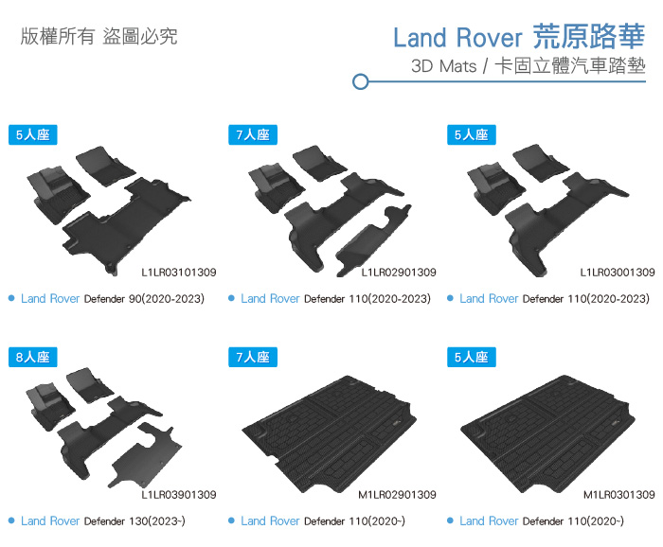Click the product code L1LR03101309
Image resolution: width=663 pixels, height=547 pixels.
point(179,273)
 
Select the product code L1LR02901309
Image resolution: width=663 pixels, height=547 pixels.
point(399,273)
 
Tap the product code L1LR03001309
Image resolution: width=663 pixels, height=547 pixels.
point(618,273)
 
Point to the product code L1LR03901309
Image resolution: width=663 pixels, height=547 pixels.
point(179,495)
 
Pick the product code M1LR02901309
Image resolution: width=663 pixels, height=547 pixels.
point(398,495)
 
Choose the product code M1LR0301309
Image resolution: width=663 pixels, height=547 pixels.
point(619,495)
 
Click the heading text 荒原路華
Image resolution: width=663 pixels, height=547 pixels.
point(589,37)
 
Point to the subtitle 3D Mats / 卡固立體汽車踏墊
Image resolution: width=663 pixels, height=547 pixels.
point(529,67)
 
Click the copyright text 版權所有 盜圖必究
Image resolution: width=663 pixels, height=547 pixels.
point(99,38)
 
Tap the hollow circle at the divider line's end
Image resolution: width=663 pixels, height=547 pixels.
point(360,82)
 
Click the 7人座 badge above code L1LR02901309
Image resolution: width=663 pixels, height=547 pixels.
point(252,134)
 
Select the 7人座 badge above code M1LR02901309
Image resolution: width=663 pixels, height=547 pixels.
point(252,357)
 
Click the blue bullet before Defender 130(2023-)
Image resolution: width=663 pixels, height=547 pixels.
point(10,521)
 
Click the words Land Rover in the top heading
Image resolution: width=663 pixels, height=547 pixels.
point(457,38)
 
